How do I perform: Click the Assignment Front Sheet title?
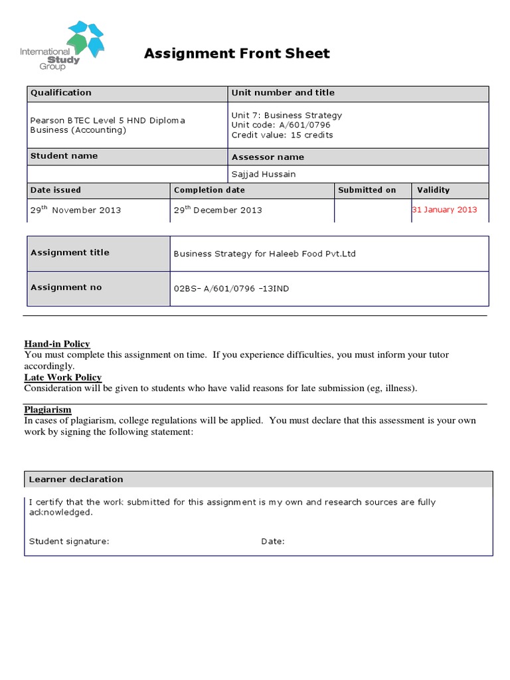click(237, 54)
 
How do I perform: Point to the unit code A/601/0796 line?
click(280, 125)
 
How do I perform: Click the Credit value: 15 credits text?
click(282, 135)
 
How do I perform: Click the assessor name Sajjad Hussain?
click(264, 174)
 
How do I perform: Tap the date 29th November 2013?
click(76, 210)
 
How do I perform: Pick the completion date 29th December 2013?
click(218, 210)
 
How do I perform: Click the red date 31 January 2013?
click(445, 209)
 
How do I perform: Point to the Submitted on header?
click(367, 190)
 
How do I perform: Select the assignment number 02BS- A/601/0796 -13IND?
click(231, 289)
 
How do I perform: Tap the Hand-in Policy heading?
click(57, 344)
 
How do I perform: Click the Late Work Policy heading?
click(63, 378)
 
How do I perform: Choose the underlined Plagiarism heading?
click(48, 410)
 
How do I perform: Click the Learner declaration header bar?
click(258, 479)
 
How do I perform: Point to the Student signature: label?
click(69, 541)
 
